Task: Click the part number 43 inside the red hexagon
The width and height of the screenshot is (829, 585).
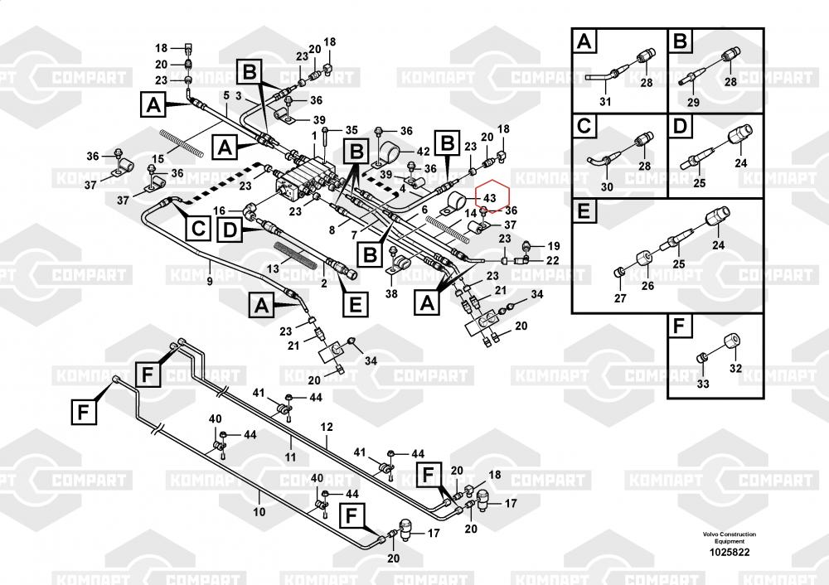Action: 489,199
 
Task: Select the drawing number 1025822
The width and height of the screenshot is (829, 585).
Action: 726,552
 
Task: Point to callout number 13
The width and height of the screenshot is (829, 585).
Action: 273,268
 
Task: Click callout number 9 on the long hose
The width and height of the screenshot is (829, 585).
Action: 209,282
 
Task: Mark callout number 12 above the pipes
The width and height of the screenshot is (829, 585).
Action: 326,426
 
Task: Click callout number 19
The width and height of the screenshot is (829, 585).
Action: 554,246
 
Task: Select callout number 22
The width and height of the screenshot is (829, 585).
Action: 554,260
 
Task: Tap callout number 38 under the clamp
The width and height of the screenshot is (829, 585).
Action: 391,292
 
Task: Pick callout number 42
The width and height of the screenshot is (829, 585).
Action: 424,152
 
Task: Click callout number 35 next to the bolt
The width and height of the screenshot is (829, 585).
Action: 351,130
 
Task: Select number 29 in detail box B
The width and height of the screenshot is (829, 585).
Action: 693,102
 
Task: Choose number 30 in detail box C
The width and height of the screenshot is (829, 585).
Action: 606,186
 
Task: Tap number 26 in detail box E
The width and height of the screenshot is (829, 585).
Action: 647,286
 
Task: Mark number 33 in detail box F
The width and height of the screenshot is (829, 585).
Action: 702,384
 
